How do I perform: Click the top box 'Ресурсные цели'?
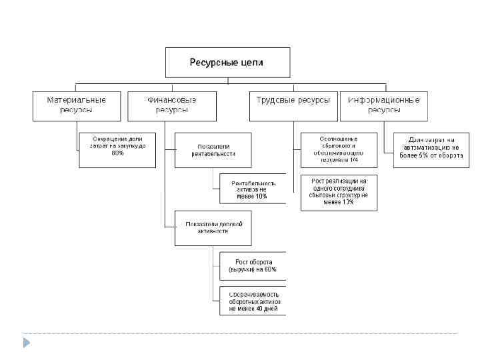(x=227, y=63)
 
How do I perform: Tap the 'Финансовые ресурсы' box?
(x=171, y=105)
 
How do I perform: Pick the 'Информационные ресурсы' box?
(x=383, y=105)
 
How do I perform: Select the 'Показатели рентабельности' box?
(x=213, y=149)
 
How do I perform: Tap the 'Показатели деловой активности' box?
(x=213, y=227)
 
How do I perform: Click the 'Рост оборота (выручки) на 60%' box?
(x=252, y=266)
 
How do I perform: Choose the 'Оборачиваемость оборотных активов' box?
(x=252, y=301)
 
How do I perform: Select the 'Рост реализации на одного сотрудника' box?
(x=339, y=193)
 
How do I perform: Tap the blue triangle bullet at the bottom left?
(x=26, y=343)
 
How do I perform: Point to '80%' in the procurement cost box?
(x=117, y=153)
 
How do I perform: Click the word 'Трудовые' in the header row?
(x=275, y=100)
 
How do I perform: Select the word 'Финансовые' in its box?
(x=171, y=100)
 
